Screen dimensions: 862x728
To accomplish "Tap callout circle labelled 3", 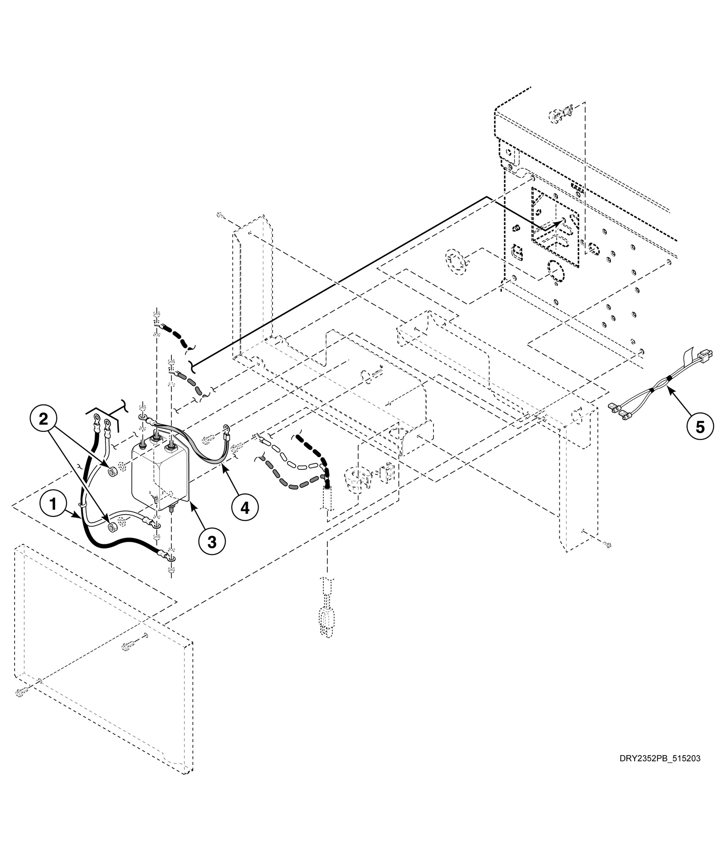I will [x=211, y=542].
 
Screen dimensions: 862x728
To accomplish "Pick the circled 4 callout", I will [x=245, y=508].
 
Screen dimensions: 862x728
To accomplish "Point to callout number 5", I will [x=700, y=427].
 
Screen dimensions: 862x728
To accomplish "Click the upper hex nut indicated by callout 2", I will [x=112, y=472].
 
